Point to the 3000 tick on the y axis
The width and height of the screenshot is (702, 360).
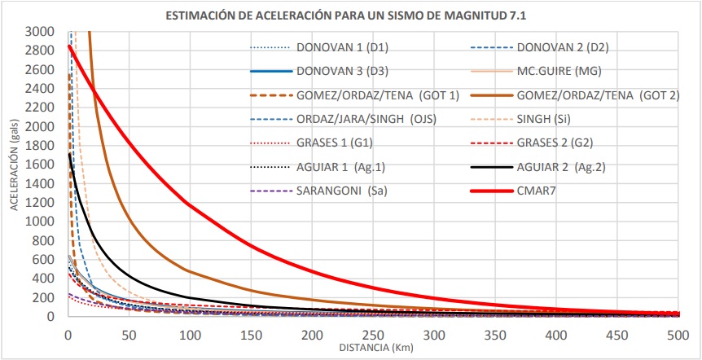46,32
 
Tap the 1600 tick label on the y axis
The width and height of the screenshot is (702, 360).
46,165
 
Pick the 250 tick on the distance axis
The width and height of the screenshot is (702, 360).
373,335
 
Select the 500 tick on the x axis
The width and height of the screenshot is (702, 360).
678,335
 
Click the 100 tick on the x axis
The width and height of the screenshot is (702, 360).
190,335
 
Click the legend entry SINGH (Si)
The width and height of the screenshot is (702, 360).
544,119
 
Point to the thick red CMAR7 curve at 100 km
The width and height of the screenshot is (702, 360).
190,202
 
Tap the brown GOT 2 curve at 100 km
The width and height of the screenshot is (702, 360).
190,270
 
